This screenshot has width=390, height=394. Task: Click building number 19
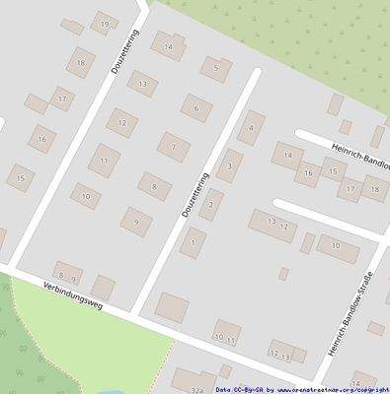[x=105, y=23]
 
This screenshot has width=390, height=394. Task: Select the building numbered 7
[x=174, y=148]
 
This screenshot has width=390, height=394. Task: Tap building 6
[x=196, y=108]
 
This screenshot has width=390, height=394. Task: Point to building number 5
[x=215, y=68]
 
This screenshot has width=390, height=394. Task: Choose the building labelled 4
[x=251, y=127]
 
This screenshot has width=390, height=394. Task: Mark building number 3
[x=229, y=165]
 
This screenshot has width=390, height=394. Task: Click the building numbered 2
[x=210, y=205]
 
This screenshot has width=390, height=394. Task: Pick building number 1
[x=193, y=242]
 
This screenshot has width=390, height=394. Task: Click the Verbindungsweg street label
[x=75, y=295]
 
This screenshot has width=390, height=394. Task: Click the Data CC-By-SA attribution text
[x=238, y=389]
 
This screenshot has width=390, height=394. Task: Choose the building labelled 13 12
[x=273, y=226]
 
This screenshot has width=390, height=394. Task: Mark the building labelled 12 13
[x=280, y=351]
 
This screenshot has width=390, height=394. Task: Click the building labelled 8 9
[x=68, y=276]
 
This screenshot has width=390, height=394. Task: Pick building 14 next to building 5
[x=169, y=45]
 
